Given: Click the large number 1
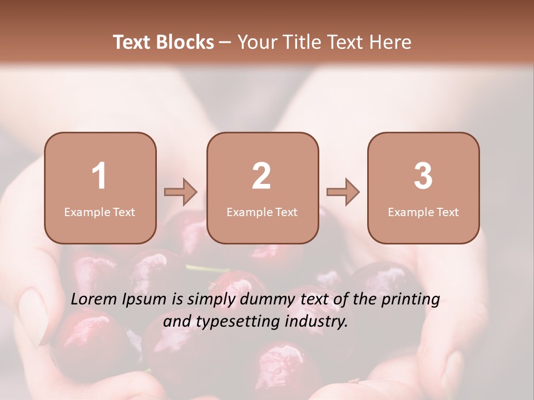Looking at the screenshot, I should click(x=100, y=176).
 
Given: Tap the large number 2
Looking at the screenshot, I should click(x=261, y=176).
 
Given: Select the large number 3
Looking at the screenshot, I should click(x=423, y=176).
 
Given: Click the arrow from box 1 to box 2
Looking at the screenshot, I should click(x=181, y=192).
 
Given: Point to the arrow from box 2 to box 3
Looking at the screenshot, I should click(x=343, y=192).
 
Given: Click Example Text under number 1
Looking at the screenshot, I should click(x=100, y=212).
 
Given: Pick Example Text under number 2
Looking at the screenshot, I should click(x=262, y=212).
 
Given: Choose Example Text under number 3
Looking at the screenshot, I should click(x=423, y=212).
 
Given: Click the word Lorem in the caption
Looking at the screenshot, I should click(x=93, y=299).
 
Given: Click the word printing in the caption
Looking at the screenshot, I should click(x=411, y=299).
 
